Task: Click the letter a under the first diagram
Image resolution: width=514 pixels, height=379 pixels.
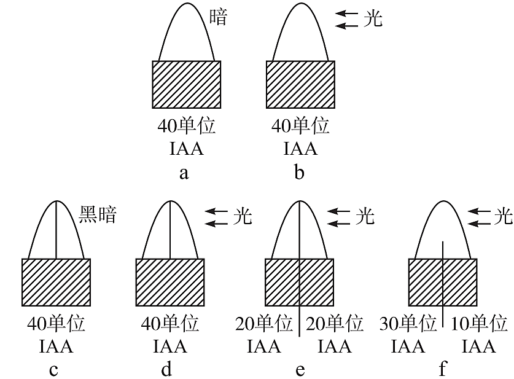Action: tap(184, 173)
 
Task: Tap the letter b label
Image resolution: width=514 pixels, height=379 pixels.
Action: tap(299, 173)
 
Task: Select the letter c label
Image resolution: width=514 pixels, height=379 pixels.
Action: tap(54, 369)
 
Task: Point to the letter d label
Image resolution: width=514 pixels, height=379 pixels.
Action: tap(168, 369)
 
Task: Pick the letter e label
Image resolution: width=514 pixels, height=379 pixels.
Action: tap(300, 369)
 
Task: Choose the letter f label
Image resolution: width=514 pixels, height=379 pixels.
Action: tap(442, 369)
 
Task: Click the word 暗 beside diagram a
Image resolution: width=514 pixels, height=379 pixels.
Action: tap(217, 17)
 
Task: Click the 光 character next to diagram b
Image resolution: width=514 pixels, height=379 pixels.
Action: tap(373, 18)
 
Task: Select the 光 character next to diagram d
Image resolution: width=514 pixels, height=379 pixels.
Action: tap(243, 217)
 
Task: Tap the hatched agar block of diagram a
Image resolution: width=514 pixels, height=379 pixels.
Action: tap(187, 84)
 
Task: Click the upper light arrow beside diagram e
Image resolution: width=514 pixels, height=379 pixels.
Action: tap(337, 210)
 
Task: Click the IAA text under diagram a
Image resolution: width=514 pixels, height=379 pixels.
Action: tap(185, 149)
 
